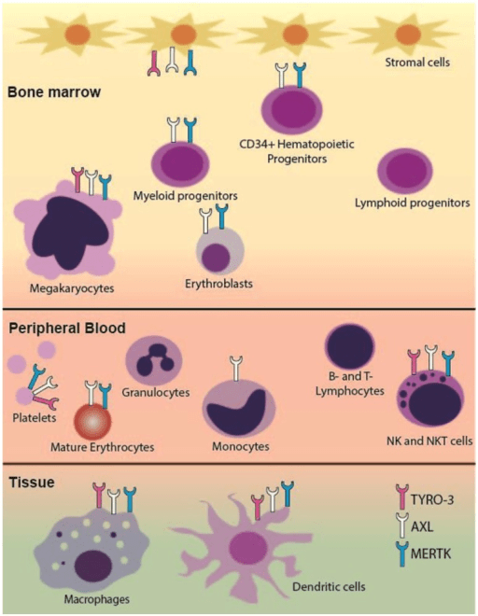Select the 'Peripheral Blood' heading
(66, 329)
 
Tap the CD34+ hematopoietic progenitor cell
(290, 114)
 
